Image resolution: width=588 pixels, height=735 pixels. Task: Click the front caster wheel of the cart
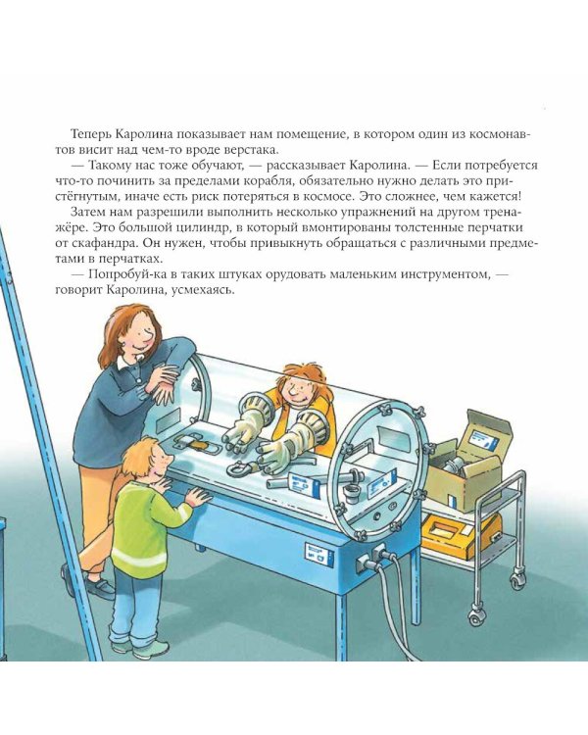pos(475,616)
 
